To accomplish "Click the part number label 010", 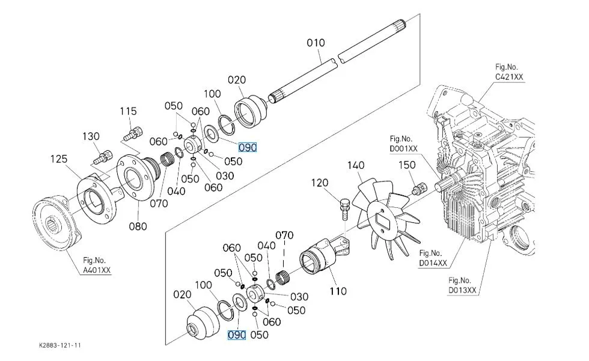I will [316, 43].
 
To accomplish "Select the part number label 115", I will [128, 111].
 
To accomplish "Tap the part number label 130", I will [91, 137].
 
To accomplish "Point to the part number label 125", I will [58, 159].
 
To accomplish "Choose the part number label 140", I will [356, 164].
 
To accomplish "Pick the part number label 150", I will [407, 165].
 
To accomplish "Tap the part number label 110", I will [338, 291].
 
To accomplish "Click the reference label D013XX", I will [462, 290].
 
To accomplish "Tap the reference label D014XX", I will [433, 262].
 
